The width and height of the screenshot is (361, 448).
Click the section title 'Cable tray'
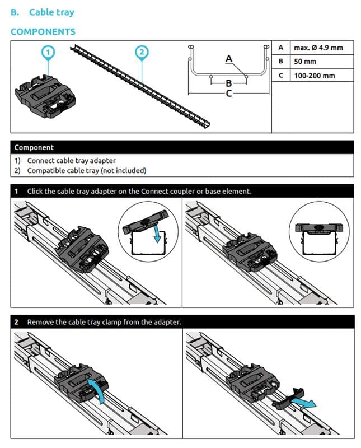tap(51, 12)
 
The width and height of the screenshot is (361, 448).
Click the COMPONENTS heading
tap(43, 31)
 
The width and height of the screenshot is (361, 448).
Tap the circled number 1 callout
tap(49, 52)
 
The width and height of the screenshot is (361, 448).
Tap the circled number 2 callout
tap(142, 52)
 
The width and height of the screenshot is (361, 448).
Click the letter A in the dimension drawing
tap(228, 58)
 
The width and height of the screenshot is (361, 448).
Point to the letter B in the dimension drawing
tap(228, 83)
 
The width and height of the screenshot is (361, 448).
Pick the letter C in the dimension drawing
tap(228, 94)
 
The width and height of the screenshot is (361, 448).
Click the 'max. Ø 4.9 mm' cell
tap(318, 48)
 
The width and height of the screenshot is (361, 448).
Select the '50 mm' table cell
tap(305, 61)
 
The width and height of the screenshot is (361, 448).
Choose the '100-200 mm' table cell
tap(314, 75)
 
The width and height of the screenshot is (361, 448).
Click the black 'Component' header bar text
tap(34, 147)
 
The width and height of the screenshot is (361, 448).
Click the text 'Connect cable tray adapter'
tap(72, 161)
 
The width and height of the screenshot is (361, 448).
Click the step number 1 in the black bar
tap(17, 191)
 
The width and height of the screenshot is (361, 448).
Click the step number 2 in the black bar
tap(17, 322)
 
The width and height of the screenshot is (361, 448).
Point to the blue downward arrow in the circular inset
tap(157, 235)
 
